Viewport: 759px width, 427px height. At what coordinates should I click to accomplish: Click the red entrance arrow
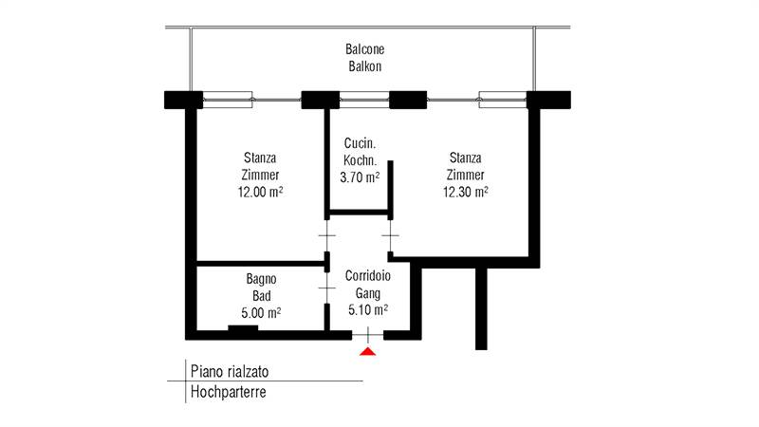coord(368,352)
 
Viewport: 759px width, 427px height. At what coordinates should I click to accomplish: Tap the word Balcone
coord(365,49)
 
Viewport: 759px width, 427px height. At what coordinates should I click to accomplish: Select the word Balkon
coord(365,66)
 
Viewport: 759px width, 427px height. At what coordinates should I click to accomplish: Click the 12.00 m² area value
coord(260,192)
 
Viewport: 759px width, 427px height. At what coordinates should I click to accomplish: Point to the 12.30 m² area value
coord(465,192)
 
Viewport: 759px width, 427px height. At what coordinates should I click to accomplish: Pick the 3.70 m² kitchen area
coord(360,177)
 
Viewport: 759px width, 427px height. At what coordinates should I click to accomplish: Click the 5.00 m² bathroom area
coord(260,311)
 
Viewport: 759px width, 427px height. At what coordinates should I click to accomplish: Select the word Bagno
coord(261,279)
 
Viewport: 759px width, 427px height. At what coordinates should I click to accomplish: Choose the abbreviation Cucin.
coord(361,144)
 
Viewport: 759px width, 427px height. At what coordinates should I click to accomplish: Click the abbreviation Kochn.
coord(361,160)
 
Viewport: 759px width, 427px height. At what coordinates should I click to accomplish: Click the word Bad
coord(260,295)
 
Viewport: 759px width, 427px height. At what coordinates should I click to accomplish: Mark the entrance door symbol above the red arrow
coord(368,333)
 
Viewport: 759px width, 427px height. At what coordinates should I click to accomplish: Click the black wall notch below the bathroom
coord(243,329)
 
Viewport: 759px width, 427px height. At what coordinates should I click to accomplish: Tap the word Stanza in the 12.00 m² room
coord(260,158)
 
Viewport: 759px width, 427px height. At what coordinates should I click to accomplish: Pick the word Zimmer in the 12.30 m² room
coord(466,175)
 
